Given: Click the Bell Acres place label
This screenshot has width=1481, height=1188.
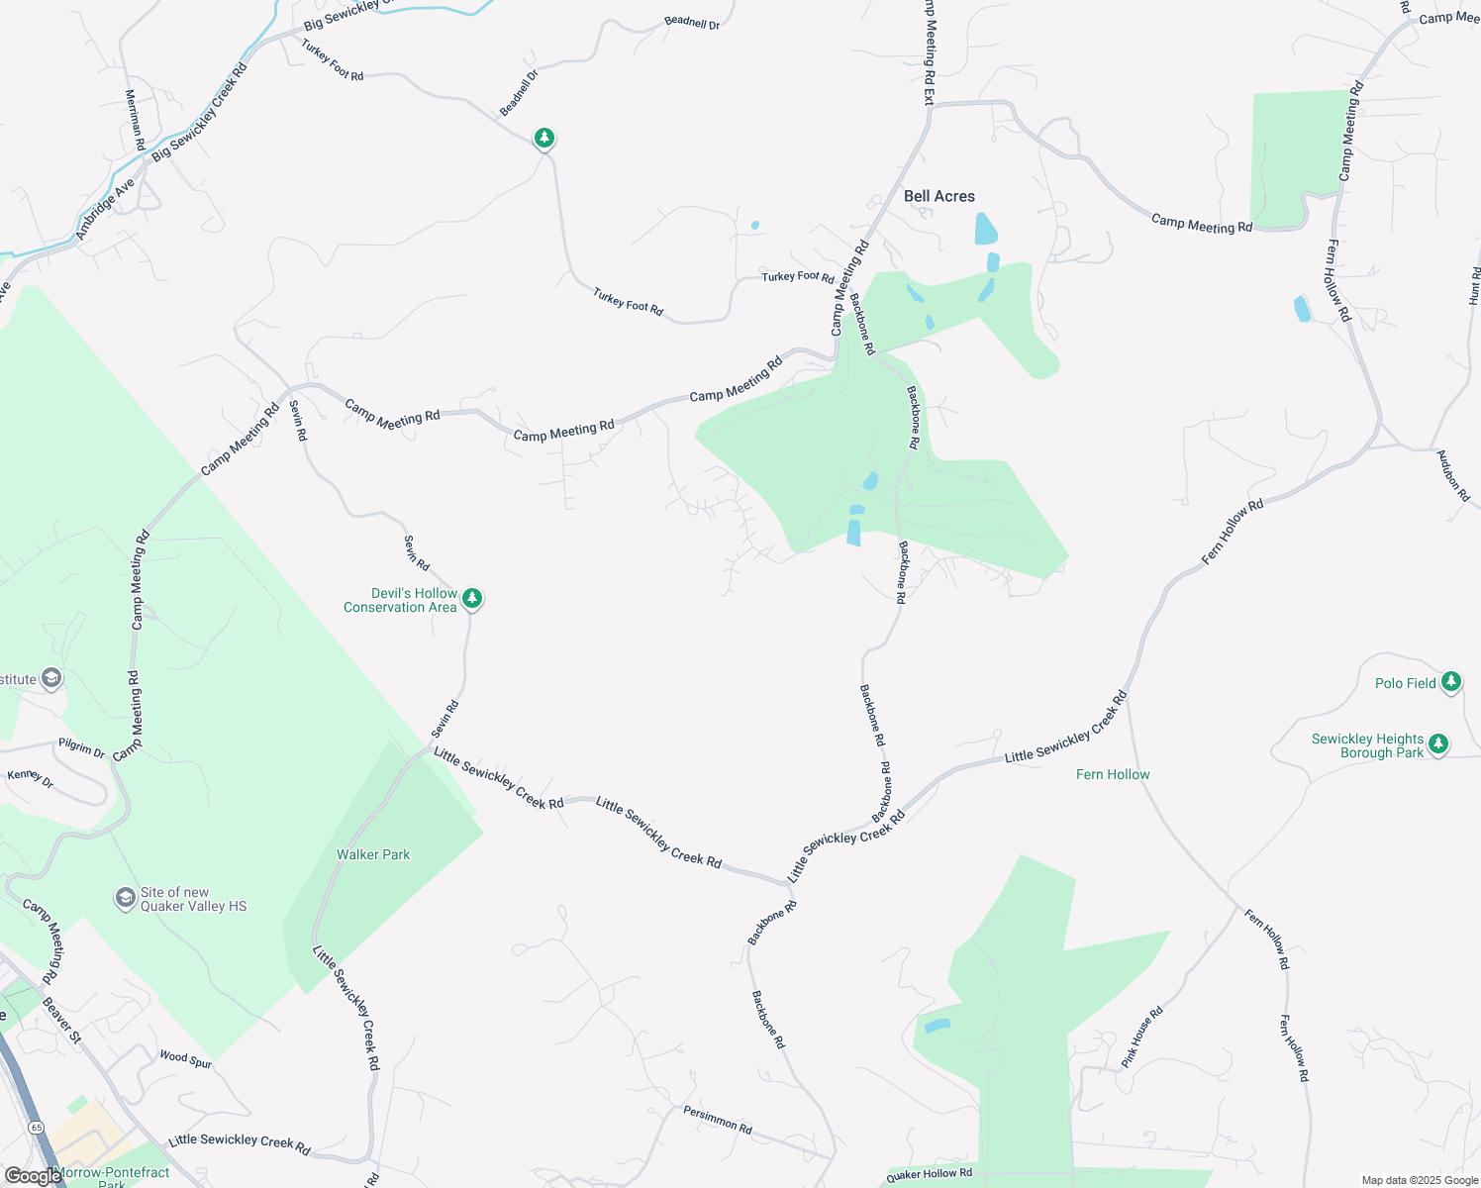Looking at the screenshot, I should coord(938,196).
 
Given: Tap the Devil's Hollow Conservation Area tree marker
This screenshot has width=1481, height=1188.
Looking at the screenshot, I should coord(473,598).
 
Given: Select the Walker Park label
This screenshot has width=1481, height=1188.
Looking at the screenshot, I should coord(373,854).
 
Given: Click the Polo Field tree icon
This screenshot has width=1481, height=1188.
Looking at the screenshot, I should coord(1450,681).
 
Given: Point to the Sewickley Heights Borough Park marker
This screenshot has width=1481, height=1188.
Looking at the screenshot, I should coord(1438,742).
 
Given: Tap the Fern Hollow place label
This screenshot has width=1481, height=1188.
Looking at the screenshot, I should coord(1113,774).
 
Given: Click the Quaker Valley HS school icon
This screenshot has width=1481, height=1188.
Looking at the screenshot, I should coord(125,897).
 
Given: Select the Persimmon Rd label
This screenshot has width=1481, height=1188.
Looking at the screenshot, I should coord(718,1119).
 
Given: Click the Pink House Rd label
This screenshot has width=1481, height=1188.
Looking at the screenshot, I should coord(1141,1037).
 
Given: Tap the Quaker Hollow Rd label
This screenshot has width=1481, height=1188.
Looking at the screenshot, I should coord(929,1174).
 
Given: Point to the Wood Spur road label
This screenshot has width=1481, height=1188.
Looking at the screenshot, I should coord(186,1059).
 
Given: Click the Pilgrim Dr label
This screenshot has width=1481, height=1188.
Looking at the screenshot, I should coord(81,748).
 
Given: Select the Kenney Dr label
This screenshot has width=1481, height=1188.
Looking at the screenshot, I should coord(30,778).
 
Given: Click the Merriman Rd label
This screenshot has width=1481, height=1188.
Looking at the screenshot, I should coord(136,120).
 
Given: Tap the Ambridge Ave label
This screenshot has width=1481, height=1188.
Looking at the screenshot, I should coord(105,210).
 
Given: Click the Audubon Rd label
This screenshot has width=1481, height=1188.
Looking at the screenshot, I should coord(1453,475).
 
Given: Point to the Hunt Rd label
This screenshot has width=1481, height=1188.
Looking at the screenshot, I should coord(1474,285).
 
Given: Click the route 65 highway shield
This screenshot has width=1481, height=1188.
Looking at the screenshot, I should coord(37,1128).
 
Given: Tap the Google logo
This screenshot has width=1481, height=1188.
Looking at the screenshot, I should coord(32,1175).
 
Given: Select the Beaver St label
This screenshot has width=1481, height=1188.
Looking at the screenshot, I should coord(61,1020).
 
